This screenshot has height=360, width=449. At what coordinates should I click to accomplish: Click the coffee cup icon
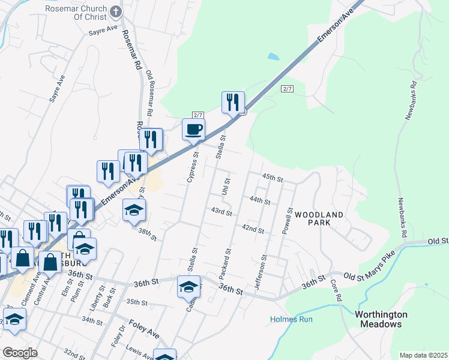pos(193,130)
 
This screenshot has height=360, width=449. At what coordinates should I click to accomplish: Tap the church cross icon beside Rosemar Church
pos(115,11)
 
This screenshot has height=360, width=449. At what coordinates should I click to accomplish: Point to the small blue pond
pos(273,57)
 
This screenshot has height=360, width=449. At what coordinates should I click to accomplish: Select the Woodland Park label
pos(319,218)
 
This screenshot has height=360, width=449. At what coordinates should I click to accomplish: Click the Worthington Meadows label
pos(381,319)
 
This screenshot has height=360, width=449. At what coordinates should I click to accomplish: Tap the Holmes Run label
pos(291,319)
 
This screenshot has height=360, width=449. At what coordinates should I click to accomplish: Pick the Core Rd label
pos(337,293)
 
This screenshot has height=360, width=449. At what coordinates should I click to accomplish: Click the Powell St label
pos(289,221)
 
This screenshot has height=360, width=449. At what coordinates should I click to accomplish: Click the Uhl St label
pos(226,186)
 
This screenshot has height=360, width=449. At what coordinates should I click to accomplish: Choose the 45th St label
pos(272,178)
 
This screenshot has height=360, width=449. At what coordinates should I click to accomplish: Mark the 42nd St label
pos(253,229)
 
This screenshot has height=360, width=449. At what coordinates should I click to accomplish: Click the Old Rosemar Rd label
pos(149,93)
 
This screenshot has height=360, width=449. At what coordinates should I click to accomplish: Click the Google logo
pos(20,353)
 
